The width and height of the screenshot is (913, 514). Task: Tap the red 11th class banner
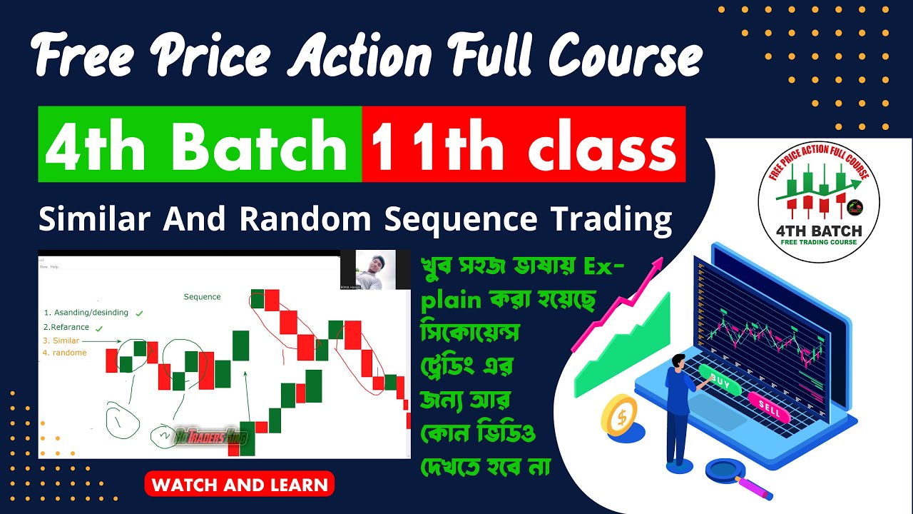[x=524, y=145]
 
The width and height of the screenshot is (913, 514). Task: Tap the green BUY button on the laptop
[x=720, y=381]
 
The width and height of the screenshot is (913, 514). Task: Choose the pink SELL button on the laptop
[x=769, y=409]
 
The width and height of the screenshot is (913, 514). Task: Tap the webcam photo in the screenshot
[x=367, y=270]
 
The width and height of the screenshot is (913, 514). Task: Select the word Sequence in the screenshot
[x=202, y=296]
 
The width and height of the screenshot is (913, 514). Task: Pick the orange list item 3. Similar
[x=61, y=341]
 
